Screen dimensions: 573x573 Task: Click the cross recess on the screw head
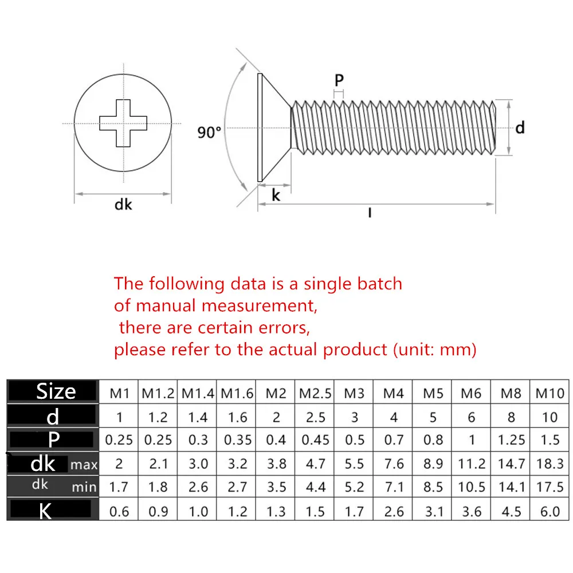[123, 123]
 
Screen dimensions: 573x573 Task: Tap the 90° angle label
[209, 132]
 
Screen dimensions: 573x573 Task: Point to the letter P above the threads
[339, 81]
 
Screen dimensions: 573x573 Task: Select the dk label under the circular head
[123, 203]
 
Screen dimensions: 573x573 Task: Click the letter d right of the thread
[520, 128]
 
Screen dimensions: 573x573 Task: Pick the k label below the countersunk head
[276, 195]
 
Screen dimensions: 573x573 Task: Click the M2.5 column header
[315, 393]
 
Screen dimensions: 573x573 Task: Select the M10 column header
[550, 393]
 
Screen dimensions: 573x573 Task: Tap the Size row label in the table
[56, 391]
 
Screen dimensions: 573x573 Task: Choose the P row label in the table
[53, 439]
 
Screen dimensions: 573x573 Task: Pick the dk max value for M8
[511, 464]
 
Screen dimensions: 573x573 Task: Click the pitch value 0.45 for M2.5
[315, 440]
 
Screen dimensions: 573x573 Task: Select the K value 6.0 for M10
[550, 511]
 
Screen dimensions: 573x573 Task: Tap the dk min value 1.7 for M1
[119, 488]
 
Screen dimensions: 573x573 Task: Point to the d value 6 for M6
[472, 417]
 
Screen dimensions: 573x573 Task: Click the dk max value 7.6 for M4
[394, 464]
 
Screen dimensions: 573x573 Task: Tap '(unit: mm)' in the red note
[435, 349]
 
